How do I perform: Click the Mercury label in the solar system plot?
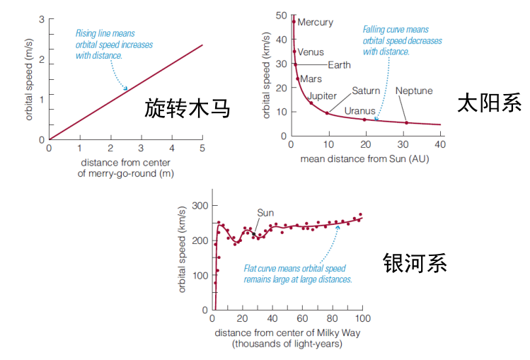315,23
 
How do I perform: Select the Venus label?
311,52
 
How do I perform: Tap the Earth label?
338,65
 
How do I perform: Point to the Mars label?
311,79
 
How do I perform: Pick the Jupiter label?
322,96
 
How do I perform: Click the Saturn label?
366,91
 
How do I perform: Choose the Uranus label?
359,111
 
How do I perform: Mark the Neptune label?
414,91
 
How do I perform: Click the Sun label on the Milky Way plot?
265,213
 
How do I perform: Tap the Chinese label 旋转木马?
187,108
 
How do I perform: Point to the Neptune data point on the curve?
406,122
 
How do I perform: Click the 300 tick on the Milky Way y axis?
201,206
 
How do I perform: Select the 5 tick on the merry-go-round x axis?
202,148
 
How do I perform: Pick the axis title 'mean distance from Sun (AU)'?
364,158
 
